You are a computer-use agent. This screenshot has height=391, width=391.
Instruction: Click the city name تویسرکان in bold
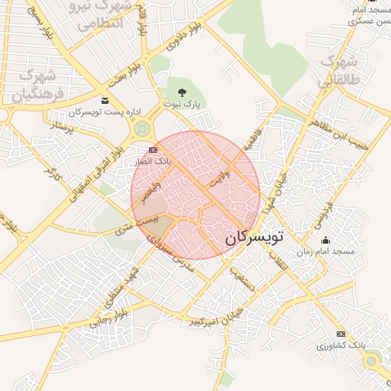[254, 238]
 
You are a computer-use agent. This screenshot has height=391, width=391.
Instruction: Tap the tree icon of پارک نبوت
[181, 92]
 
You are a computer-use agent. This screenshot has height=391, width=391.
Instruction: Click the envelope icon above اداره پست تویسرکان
[105, 101]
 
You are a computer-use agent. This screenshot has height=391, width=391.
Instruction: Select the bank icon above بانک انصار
[153, 150]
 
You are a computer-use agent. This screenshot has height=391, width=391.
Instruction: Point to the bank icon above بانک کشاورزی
[341, 334]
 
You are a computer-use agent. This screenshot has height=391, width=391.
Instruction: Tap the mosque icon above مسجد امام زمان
[326, 240]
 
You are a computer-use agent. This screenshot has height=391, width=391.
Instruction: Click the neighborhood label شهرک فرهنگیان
[34, 86]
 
